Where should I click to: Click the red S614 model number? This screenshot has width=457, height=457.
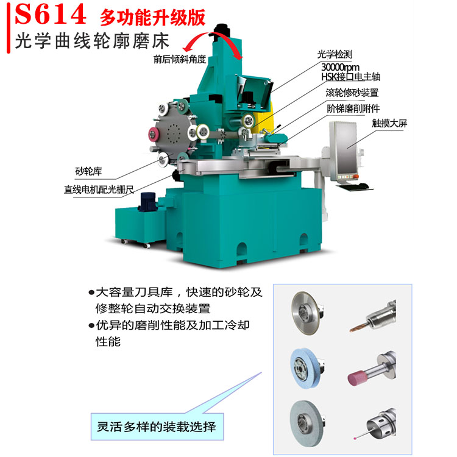[x=51, y=14]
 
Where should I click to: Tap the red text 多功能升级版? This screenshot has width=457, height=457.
[x=152, y=18]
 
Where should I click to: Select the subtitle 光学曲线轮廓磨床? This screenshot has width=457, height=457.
[x=92, y=41]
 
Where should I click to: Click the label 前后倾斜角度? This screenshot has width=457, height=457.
[x=180, y=59]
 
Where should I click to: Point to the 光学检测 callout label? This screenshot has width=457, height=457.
[x=335, y=54]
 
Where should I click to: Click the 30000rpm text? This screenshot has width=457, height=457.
[x=340, y=67]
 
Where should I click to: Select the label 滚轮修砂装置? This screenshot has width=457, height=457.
[x=352, y=93]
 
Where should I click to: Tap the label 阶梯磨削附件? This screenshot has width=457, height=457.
[x=353, y=108]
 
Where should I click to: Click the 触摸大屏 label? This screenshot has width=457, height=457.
[x=389, y=123]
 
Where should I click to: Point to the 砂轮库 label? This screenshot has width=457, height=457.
[x=88, y=171]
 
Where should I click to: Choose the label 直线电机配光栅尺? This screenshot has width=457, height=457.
[x=99, y=190]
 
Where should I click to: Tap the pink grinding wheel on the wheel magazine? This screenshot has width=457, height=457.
[x=152, y=135]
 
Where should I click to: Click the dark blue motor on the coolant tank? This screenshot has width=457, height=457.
[x=148, y=202]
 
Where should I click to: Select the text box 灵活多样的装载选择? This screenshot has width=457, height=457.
[x=157, y=427]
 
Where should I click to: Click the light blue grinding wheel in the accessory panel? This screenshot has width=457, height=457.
[x=305, y=368]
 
